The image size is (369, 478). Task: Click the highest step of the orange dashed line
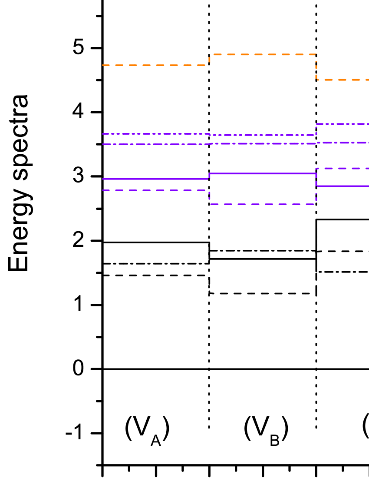coord(263,54)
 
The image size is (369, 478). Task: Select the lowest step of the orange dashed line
coord(343,80)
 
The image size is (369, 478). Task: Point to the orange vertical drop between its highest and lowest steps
coord(316,67)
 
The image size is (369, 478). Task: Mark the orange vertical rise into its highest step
coord(210,60)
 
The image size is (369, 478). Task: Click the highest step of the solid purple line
coord(263,173)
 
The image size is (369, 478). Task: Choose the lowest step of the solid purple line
coord(343,186)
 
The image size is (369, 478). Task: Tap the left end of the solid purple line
coord(103,179)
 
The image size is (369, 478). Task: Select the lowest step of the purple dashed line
coord(263,204)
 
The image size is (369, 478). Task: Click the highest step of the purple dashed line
coord(343,168)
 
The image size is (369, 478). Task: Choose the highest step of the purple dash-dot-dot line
coord(343,124)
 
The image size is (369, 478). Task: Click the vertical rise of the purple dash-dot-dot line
coord(316,129)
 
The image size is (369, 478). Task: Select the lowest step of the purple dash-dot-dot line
coord(263,135)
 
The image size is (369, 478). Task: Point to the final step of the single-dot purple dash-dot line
coord(343,143)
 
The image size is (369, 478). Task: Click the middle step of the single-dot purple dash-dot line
coord(263,143)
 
